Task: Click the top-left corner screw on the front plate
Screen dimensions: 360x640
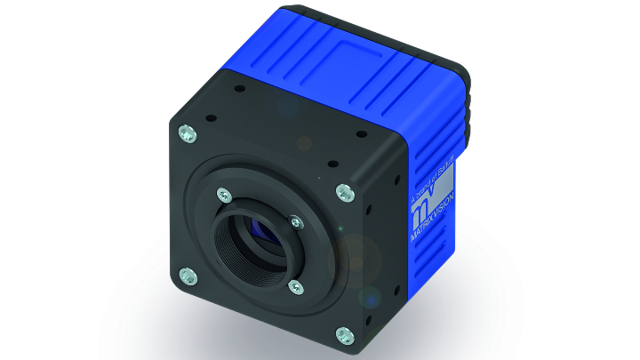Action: point(185,132)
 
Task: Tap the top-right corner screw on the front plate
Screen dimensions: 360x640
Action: point(342,191)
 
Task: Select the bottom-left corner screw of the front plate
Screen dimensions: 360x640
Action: point(186,274)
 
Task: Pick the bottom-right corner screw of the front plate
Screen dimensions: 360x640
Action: point(342,335)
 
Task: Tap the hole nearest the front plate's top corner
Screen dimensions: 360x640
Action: point(240,89)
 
